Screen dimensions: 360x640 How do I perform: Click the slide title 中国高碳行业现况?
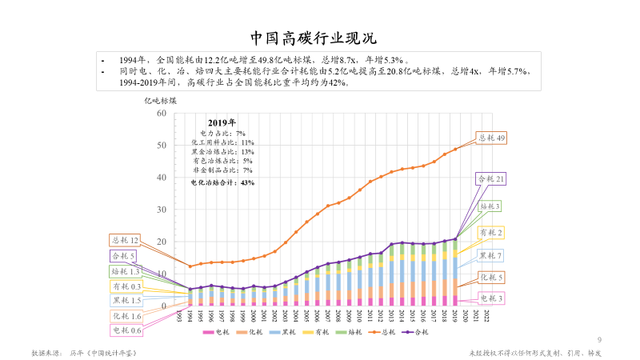(x=319, y=38)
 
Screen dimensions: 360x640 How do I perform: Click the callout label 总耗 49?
(x=491, y=138)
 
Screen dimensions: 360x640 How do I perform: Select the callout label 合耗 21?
(x=490, y=178)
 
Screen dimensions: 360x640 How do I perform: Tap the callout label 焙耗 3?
(x=490, y=206)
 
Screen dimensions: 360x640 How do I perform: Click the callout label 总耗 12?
(x=126, y=240)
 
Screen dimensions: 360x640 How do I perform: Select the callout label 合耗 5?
(x=123, y=256)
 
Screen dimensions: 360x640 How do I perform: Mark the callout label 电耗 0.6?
(x=126, y=330)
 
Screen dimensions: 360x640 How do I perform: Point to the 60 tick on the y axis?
(x=161, y=114)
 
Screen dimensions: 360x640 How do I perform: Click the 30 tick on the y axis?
(x=161, y=210)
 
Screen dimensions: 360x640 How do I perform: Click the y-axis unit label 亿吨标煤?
(x=160, y=101)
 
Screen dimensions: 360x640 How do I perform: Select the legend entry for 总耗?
(x=385, y=332)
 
